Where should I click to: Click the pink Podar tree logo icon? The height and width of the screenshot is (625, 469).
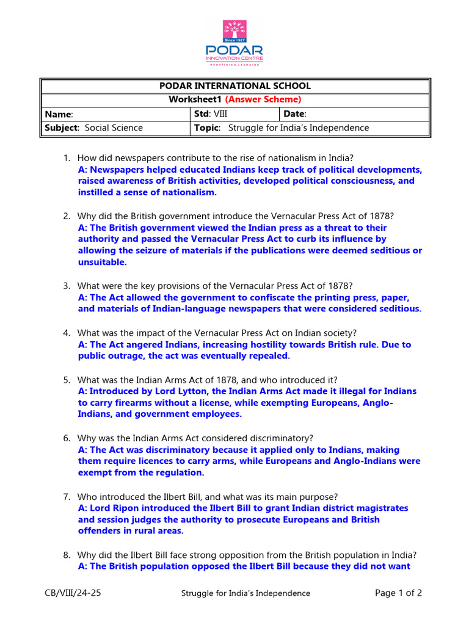[234, 32]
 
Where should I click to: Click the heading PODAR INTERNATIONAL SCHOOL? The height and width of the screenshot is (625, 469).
[235, 86]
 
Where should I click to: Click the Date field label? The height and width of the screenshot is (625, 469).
[296, 114]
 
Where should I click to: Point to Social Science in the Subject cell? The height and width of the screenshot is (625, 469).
[114, 128]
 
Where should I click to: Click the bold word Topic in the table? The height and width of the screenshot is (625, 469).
[206, 128]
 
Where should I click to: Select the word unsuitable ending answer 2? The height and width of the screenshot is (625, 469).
[102, 262]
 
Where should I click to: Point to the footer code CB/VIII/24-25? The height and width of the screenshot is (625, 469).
[73, 593]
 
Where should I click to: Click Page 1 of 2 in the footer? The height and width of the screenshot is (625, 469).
[398, 593]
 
